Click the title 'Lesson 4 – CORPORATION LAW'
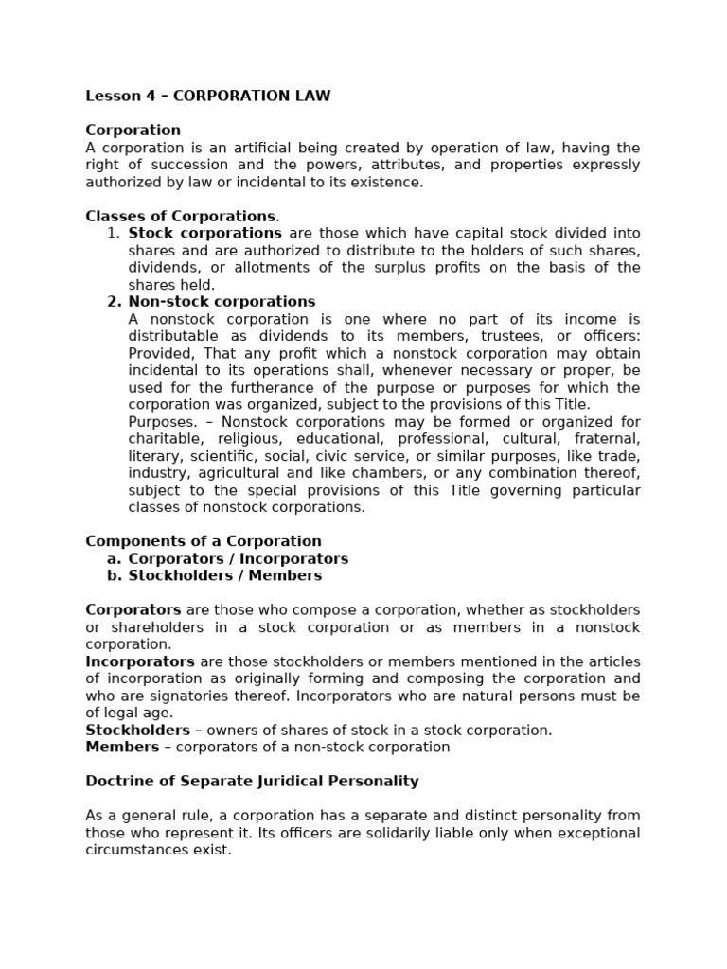pos(208,96)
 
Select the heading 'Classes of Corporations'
pos(180,216)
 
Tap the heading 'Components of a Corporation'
pos(204,541)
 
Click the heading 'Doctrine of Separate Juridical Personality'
pos(252,781)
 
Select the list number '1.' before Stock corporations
pos(114,233)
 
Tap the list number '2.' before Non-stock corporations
pos(114,302)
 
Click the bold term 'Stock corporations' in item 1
pos(204,233)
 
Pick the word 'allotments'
pos(271,267)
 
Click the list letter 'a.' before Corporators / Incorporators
pos(114,558)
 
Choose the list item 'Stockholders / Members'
pos(225,575)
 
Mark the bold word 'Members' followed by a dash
pos(122,747)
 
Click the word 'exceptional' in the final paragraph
pos(597,833)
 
